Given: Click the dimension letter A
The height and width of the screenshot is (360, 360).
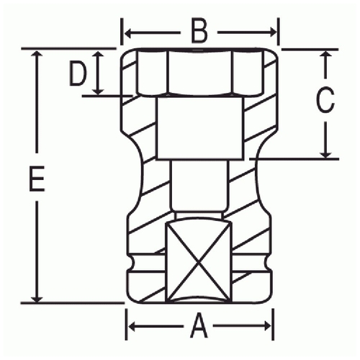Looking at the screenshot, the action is tap(199, 326).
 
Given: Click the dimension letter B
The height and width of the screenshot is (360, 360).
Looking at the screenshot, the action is tap(199, 32).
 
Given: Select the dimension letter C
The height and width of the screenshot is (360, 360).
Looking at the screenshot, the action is tap(325, 100).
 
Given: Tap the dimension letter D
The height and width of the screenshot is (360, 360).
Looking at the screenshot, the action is tap(78, 73).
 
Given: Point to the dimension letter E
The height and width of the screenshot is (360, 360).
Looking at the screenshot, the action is tap(37, 179).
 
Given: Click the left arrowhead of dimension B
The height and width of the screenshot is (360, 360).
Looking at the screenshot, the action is tap(127, 33).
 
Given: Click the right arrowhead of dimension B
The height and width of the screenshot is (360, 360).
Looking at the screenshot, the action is tap(274, 32).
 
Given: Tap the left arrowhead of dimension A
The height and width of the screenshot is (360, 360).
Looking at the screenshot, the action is tap(131, 326).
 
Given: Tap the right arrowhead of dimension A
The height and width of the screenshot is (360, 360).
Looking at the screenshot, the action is tap(268, 326).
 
